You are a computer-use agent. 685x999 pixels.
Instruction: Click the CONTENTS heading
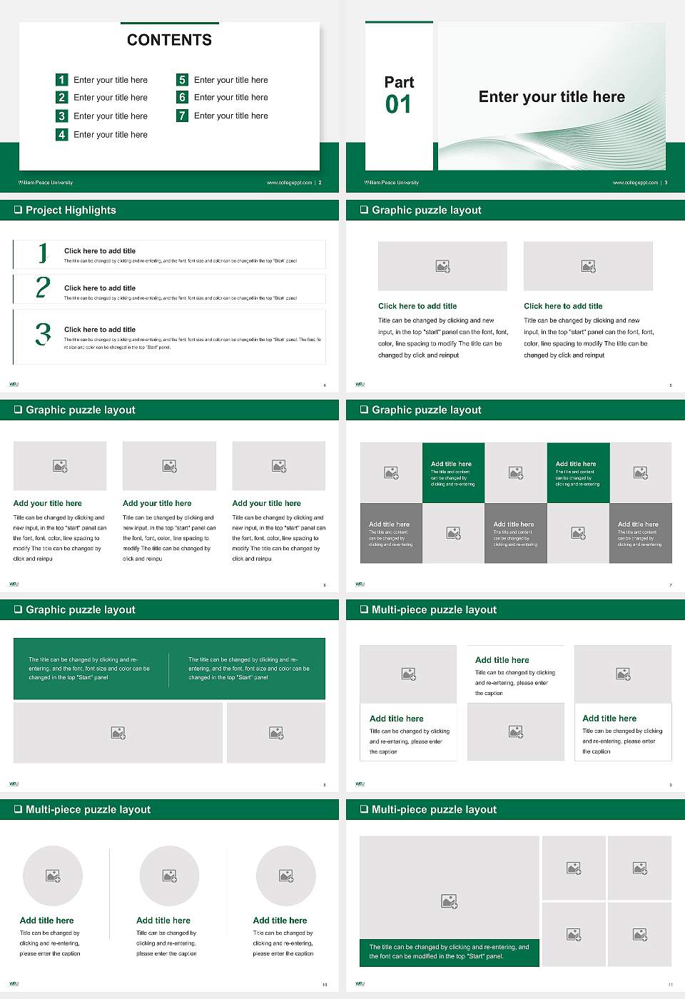click(169, 40)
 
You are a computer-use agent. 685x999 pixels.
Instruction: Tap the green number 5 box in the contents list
click(182, 80)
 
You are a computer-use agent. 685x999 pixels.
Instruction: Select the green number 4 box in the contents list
click(61, 134)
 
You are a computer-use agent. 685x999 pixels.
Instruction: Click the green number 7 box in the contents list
click(182, 116)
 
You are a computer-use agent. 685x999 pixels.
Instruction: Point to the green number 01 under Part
click(398, 105)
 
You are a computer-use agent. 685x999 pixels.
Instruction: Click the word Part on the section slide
click(399, 82)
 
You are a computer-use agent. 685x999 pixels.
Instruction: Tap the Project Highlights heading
click(71, 211)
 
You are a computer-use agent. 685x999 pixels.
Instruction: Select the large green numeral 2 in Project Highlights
click(43, 288)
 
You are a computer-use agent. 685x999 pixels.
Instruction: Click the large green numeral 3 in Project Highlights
click(43, 334)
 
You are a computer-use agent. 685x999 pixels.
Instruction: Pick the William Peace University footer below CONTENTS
click(46, 183)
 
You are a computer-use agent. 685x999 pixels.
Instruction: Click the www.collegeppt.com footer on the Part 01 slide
click(635, 183)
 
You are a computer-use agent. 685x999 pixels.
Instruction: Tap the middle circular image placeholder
click(169, 876)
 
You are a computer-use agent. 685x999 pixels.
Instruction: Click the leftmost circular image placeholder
click(53, 876)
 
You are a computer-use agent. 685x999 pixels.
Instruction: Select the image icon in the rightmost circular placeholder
click(286, 876)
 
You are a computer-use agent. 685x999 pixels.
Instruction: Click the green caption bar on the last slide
click(449, 952)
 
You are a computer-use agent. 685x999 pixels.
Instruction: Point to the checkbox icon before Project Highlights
click(18, 211)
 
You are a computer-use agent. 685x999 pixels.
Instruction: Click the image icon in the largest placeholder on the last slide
click(449, 902)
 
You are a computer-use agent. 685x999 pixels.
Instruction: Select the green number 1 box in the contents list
click(61, 80)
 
